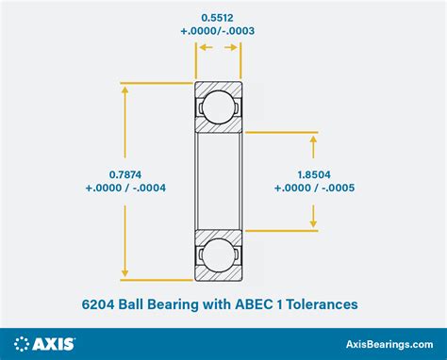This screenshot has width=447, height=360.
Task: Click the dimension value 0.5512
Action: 218,17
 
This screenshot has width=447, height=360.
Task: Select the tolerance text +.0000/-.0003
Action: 218,31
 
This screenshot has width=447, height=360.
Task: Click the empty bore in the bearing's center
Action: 218,179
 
